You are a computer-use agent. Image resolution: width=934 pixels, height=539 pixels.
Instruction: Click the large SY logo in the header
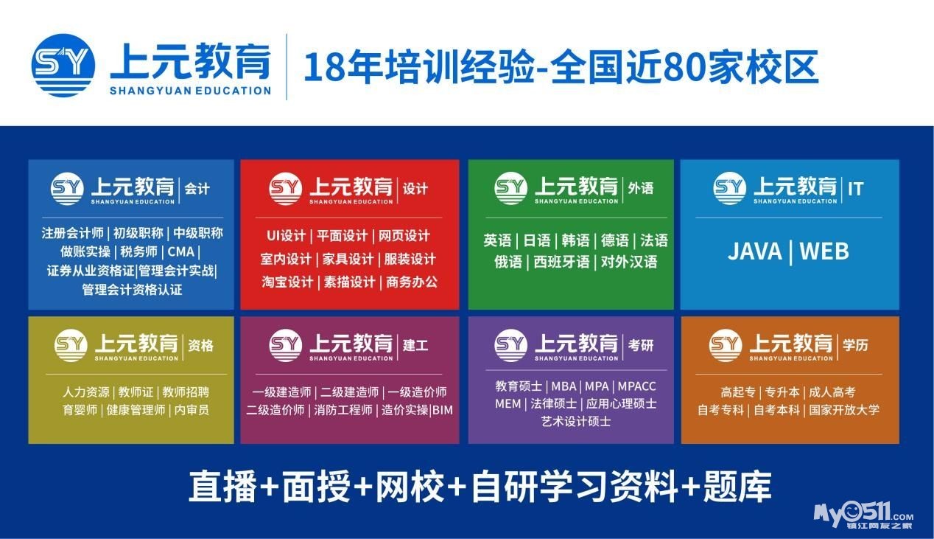click(63, 66)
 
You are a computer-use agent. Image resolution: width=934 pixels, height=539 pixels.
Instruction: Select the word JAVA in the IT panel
click(755, 251)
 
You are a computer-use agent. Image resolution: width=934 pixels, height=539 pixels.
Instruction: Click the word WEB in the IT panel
click(824, 251)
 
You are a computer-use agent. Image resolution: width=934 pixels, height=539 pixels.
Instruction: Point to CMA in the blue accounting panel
click(181, 251)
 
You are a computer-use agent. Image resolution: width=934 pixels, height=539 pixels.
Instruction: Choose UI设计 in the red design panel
click(286, 235)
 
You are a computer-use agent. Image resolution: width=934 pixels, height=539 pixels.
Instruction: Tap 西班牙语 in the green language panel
click(561, 262)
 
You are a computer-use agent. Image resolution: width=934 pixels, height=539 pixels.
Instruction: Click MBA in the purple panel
click(563, 386)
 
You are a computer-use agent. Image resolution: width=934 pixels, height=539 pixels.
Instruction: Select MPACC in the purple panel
click(636, 386)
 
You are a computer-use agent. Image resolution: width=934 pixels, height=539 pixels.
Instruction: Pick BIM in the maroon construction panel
click(443, 410)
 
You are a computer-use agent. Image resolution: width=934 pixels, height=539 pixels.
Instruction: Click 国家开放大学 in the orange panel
click(844, 409)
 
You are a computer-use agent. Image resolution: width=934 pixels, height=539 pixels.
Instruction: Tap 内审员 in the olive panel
click(192, 409)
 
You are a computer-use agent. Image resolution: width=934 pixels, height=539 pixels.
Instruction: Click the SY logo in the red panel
click(286, 188)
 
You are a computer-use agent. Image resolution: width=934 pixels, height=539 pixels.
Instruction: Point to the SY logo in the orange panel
click(726, 345)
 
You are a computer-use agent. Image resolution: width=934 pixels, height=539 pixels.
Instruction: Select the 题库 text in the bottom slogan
click(737, 487)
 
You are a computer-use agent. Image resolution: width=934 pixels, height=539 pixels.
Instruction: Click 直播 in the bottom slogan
click(222, 487)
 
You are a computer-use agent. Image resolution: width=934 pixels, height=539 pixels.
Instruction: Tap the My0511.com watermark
click(863, 515)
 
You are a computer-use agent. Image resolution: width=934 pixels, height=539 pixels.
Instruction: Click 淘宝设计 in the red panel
click(287, 282)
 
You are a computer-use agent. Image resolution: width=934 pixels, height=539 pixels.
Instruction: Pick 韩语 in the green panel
click(575, 240)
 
